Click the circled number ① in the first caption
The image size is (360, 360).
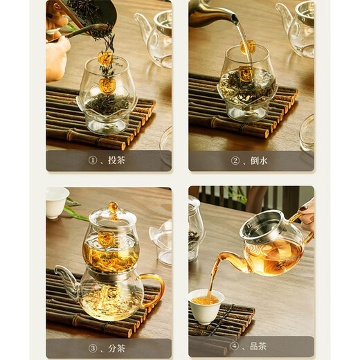pos(93,161)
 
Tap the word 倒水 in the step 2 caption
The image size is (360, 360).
pos(259,161)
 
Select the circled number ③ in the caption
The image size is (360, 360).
pos(93,347)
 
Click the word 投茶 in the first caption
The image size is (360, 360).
pos(116,161)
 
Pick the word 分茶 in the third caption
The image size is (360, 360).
pos(116,347)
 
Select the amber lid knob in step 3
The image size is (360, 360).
pos(112,207)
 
